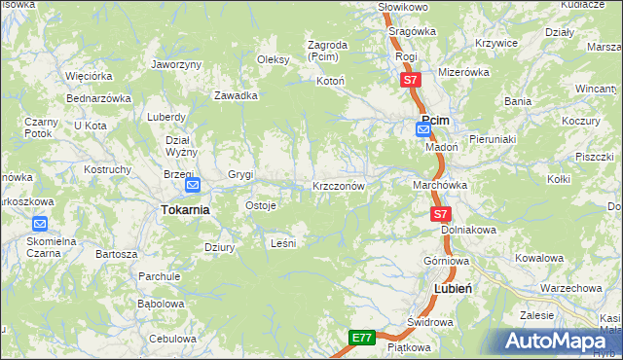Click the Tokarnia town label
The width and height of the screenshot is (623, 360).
coord(185,209)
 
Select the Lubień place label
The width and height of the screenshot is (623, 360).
coord(453,289)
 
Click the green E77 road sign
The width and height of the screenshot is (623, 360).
coord(361,338)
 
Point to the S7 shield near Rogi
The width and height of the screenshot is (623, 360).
coord(411,80)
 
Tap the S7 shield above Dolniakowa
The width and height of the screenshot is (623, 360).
coord(441,213)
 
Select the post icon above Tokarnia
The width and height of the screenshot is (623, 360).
coord(192,185)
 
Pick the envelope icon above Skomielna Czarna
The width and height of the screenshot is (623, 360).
coord(40,223)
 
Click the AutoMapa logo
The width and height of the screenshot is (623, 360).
coord(560,341)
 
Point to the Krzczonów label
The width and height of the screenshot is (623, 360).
coord(338,185)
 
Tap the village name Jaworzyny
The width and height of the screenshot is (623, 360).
coord(176,64)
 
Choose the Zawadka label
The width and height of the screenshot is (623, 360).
coord(236,95)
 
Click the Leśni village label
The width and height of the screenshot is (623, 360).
coord(282,242)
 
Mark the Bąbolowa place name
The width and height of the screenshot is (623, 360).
coord(161,304)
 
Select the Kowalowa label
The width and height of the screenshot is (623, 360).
coord(539,258)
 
